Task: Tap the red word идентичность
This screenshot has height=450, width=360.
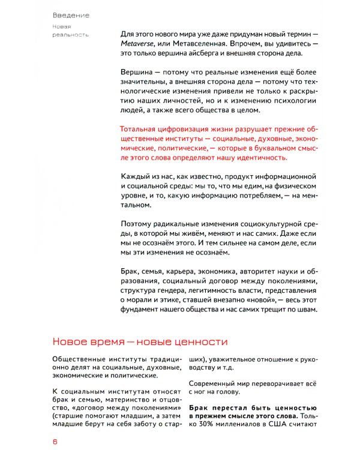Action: [256, 158]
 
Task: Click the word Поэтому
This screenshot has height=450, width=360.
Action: [139, 224]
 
